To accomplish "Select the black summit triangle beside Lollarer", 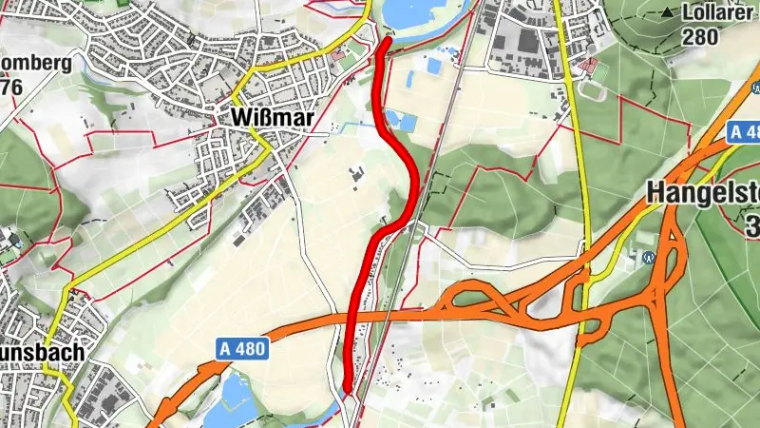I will (668, 13).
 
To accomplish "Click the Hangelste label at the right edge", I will (703, 192).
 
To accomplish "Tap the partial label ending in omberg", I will (35, 65).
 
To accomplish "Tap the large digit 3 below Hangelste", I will (751, 227).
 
